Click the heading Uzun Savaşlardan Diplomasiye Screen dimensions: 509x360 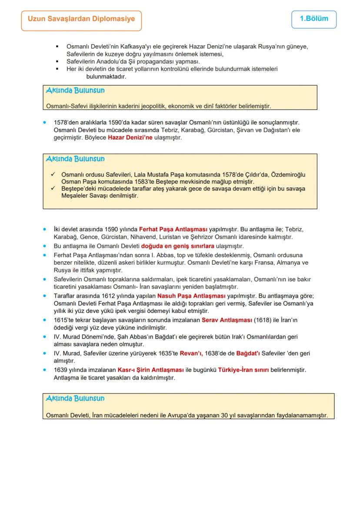pos(81,19)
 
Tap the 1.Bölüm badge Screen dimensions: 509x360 pos(313,19)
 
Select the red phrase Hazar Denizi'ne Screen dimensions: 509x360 pos(130,138)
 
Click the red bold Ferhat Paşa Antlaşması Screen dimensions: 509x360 pos(173,229)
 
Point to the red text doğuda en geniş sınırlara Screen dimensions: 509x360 pos(177,246)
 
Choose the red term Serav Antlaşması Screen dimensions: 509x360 pos(227,320)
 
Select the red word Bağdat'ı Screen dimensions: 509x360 pos(248,353)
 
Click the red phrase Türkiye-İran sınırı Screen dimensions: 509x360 pos(243,370)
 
